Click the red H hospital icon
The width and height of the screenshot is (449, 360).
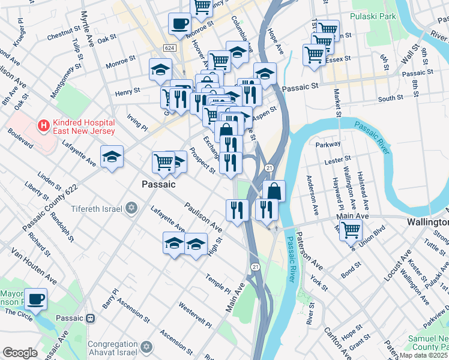pyautogui.click(x=43, y=125)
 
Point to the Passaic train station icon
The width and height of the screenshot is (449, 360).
pyautogui.click(x=91, y=318)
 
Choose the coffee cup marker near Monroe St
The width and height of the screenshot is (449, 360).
pyautogui.click(x=179, y=25)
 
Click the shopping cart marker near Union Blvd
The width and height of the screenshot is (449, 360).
pyautogui.click(x=351, y=229)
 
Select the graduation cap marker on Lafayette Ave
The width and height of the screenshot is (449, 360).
pyautogui.click(x=112, y=157)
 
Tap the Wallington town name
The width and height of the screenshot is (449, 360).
pyautogui.click(x=427, y=221)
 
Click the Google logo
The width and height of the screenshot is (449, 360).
pyautogui.click(x=20, y=353)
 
